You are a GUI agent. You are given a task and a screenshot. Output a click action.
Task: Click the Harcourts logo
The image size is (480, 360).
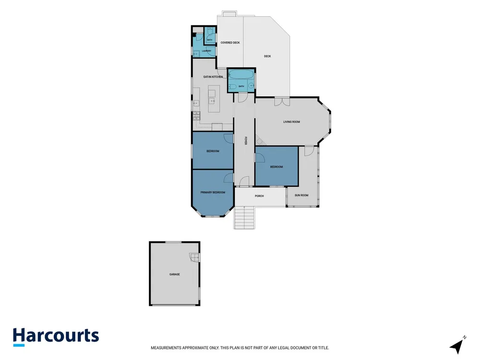point(56,336)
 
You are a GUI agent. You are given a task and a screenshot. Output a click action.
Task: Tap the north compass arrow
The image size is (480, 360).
point(457,346)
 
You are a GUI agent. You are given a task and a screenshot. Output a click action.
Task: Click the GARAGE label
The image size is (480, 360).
point(175,274)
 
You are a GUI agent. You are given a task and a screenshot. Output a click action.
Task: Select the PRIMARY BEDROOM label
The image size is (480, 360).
point(213,192)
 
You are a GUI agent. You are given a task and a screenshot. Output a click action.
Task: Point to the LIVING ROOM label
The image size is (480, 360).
point(291,122)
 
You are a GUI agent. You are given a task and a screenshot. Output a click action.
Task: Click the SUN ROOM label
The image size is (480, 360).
point(301,195)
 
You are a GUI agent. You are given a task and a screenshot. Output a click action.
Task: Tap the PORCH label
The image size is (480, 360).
point(259,196)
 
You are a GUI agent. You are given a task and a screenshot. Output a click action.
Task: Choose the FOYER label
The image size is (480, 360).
point(245,141)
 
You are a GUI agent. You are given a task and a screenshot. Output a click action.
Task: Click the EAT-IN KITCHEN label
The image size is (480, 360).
point(213,77)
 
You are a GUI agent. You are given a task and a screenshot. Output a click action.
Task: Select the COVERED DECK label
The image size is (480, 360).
point(230,43)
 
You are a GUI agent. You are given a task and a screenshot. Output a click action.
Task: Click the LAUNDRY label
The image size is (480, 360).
point(206,51)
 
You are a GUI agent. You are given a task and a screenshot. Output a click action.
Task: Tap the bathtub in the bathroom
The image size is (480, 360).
point(241,74)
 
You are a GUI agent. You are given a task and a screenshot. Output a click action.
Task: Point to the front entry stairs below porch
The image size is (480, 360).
point(244,217)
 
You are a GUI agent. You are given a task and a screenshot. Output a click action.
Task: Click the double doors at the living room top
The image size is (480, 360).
point(282,102)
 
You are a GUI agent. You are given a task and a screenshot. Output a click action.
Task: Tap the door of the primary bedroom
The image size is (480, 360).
point(228,178)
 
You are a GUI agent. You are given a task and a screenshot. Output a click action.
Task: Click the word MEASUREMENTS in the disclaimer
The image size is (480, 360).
point(166,348)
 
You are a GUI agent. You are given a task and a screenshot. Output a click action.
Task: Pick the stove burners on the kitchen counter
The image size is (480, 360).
point(196,115)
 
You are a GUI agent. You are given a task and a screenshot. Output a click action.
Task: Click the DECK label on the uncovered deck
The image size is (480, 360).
point(267,56)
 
